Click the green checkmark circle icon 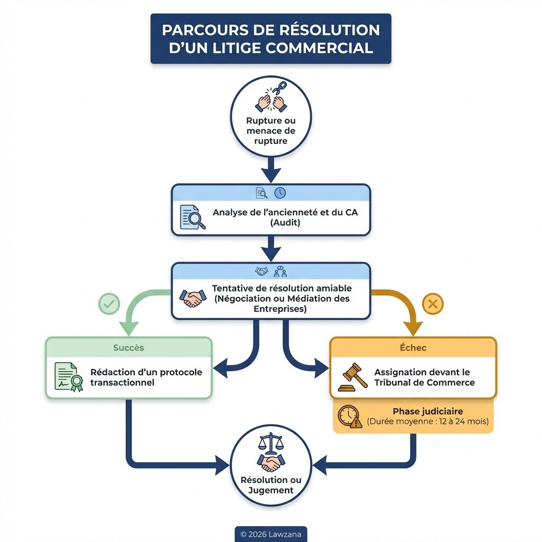[x=109, y=304]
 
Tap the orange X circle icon [x=432, y=304]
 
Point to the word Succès [x=129, y=348]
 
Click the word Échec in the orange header [x=413, y=348]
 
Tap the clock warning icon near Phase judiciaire [x=350, y=417]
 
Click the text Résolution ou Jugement [x=270, y=485]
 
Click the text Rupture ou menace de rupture [x=270, y=131]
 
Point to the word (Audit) [x=285, y=223]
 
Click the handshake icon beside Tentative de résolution [x=192, y=299]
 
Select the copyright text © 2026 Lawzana [x=270, y=534]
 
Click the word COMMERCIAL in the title [x=320, y=48]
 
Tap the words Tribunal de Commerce [x=424, y=383]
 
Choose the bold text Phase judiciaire [x=428, y=411]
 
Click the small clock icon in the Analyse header [x=279, y=193]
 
